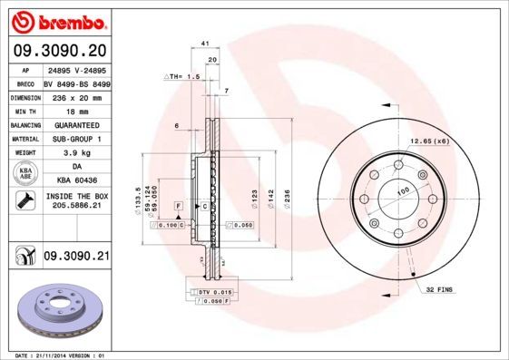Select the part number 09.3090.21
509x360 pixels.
pos(76,258)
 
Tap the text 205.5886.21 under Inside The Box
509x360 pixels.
pos(76,207)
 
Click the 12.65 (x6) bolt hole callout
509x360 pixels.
pos(429,141)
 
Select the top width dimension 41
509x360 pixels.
pos(206,43)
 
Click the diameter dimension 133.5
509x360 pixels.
pos(138,196)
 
